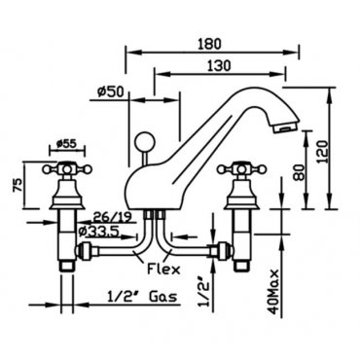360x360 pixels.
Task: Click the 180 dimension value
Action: pyautogui.click(x=210, y=44)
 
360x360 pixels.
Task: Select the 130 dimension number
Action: pyautogui.click(x=219, y=65)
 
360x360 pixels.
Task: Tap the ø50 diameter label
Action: pyautogui.click(x=110, y=92)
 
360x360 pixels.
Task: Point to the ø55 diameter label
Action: pyautogui.click(x=66, y=144)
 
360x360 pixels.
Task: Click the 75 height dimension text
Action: pyautogui.click(x=18, y=186)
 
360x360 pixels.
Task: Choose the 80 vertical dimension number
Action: pyautogui.click(x=299, y=172)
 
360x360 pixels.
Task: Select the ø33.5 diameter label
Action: pyautogui.click(x=100, y=231)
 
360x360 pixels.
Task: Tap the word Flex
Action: pyautogui.click(x=163, y=269)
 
